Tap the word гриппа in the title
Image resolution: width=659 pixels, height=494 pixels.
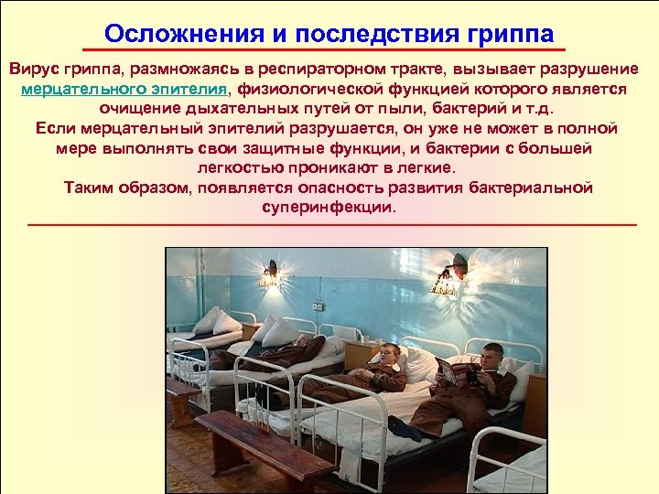[x=509, y=34]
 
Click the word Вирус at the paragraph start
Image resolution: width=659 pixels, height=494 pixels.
[x=35, y=70]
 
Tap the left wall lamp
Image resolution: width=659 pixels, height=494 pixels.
[x=270, y=274]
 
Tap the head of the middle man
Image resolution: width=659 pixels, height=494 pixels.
[x=389, y=353]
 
